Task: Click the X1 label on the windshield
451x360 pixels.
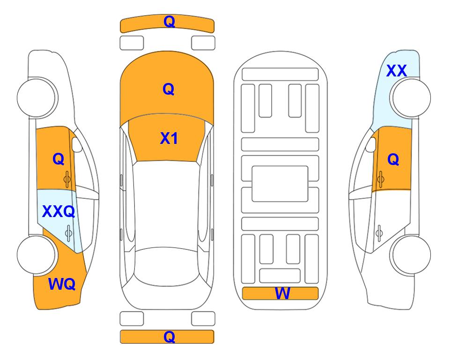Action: (169, 138)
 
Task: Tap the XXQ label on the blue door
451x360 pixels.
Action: (59, 211)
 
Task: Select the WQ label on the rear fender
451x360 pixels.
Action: (62, 284)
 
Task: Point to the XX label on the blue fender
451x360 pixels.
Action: (397, 71)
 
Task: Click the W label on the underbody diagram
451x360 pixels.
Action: (282, 293)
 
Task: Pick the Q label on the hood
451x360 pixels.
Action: (169, 89)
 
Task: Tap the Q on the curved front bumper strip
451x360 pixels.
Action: (169, 21)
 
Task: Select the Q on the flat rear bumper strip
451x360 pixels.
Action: (169, 337)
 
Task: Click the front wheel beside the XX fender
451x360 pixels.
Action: (410, 98)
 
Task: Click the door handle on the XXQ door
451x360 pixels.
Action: (68, 233)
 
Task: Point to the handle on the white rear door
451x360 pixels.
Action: (379, 233)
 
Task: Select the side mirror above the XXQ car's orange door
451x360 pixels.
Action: (77, 144)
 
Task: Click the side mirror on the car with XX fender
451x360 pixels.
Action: (370, 144)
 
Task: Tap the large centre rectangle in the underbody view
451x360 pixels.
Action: (280, 184)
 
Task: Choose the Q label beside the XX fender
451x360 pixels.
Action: (393, 159)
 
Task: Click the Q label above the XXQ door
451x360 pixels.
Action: (59, 159)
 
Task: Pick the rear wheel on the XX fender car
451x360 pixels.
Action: (410, 255)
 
